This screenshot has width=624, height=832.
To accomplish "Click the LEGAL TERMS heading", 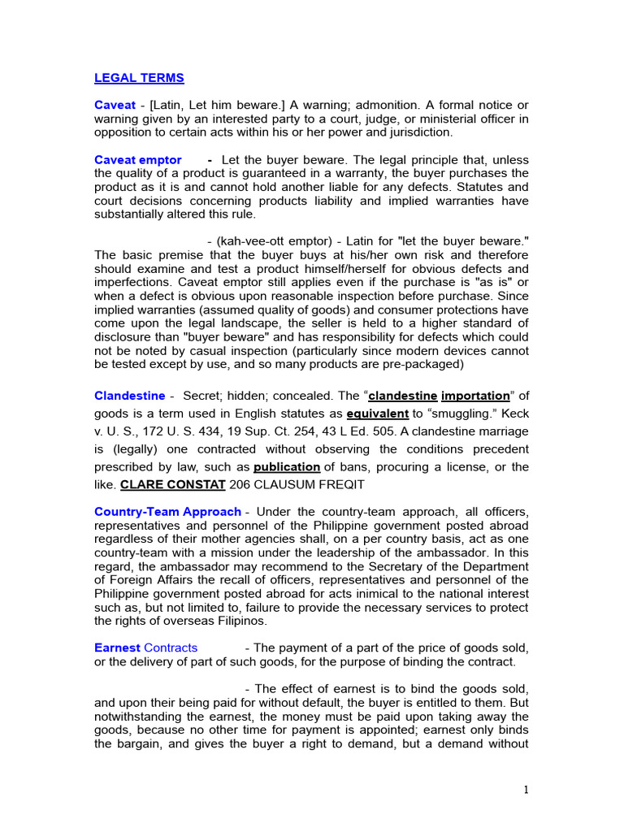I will pos(139,78).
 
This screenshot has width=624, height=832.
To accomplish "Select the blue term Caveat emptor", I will pos(138,160).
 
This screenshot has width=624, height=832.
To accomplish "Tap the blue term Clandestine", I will pos(129,396).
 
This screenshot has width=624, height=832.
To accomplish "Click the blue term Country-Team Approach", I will pos(167,512).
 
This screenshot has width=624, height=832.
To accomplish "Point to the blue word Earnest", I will pos(117,648).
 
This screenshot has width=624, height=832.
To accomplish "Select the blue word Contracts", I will pos(171,648).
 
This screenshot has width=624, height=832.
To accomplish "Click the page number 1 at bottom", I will pos(526,791).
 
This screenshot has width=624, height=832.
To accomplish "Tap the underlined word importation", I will pos(475,396).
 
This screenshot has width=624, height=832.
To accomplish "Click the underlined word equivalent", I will pos(377,414).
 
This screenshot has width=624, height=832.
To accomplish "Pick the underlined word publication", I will pos(287,467).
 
